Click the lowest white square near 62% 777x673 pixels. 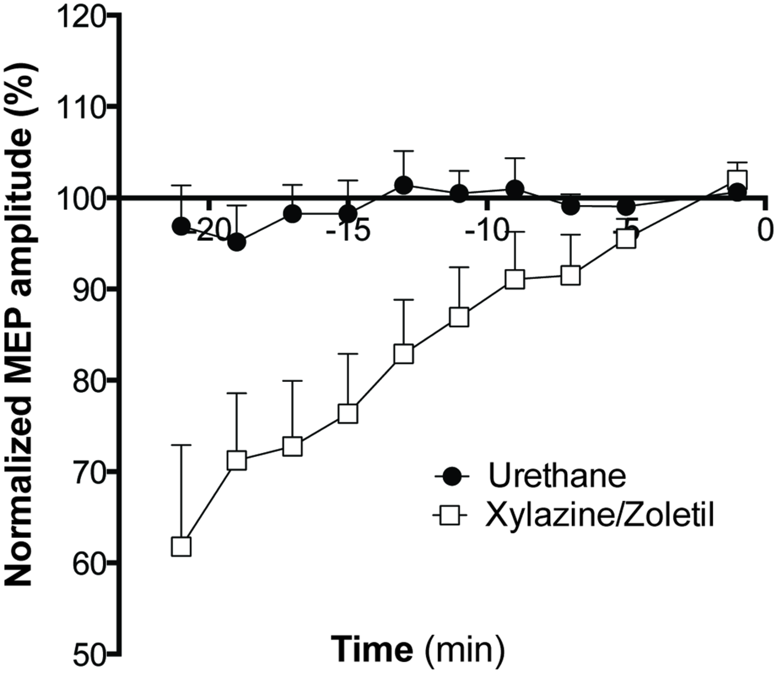pyautogui.click(x=181, y=547)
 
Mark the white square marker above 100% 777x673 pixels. pyautogui.click(x=737, y=179)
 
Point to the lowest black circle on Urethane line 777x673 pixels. pyautogui.click(x=237, y=243)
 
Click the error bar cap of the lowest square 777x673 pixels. pyautogui.click(x=181, y=446)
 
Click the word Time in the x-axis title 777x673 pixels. pyautogui.click(x=372, y=649)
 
